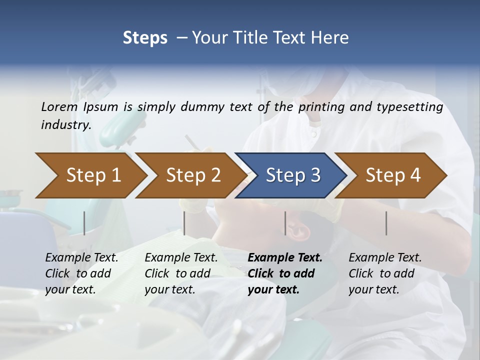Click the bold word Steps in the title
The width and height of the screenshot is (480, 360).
145,37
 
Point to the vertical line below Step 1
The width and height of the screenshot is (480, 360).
84,223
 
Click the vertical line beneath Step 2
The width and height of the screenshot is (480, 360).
184,223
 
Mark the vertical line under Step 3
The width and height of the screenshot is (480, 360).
285,223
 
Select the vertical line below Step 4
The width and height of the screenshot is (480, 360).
386,223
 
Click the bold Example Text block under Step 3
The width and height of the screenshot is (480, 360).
285,273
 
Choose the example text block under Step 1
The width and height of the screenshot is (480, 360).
81,273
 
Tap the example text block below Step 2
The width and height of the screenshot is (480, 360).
181,273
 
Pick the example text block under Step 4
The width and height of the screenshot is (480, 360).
385,273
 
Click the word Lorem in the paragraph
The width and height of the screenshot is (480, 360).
59,106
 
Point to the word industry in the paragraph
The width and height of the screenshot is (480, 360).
66,125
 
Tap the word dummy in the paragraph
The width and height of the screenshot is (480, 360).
203,106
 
